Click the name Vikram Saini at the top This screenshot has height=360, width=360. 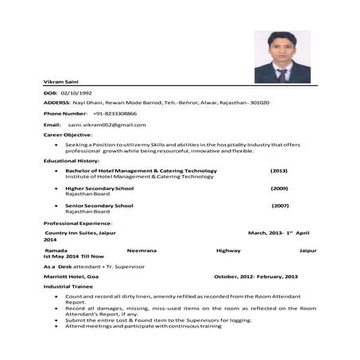tap(61, 83)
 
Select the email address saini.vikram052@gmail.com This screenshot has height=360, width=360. tap(106, 125)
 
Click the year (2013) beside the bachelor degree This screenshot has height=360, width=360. tap(278, 171)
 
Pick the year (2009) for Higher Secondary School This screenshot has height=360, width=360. tap(279, 188)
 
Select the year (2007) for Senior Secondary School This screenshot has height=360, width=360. tap(280, 206)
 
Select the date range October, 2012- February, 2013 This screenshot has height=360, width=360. tap(256, 276)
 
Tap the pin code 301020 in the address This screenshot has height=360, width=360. tap(259, 103)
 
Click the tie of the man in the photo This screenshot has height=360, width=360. tap(282, 74)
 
